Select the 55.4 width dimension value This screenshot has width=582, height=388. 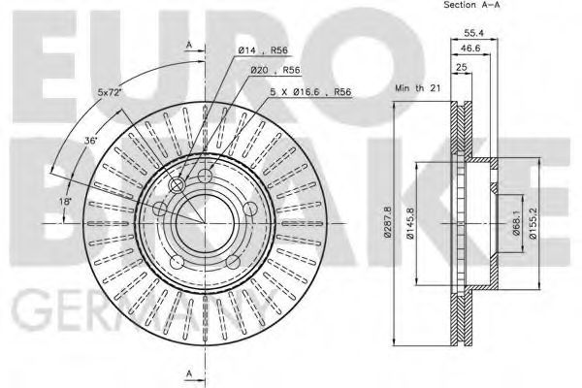[x=473, y=33]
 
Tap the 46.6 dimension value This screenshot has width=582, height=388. [x=470, y=48]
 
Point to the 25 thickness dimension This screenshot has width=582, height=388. [x=462, y=67]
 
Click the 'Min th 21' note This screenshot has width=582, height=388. [x=417, y=88]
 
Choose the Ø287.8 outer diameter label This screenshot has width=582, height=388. [x=388, y=222]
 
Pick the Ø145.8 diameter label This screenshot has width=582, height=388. [x=410, y=223]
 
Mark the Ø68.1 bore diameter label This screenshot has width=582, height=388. [x=516, y=223]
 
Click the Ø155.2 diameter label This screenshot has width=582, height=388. [x=533, y=223]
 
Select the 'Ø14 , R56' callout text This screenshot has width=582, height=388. [x=263, y=50]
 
